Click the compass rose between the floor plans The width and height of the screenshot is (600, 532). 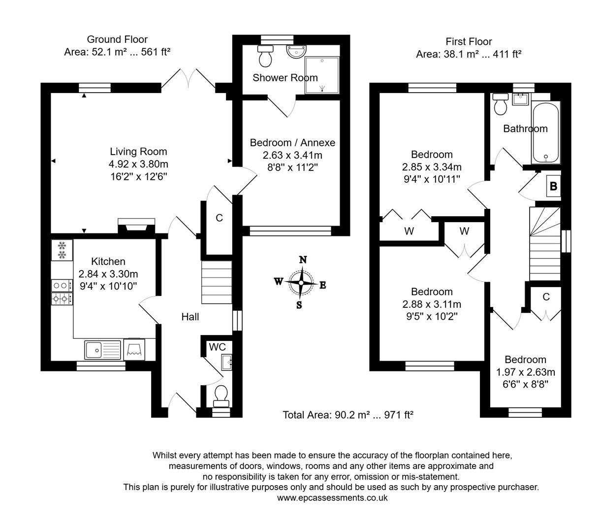(x=300, y=283)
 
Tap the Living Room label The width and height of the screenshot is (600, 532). (x=138, y=152)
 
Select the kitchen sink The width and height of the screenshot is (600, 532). (x=103, y=349)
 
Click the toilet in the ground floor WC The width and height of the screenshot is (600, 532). (x=221, y=395)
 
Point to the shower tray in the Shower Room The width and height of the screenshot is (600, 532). (x=322, y=75)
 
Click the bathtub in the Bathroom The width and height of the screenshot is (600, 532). (x=545, y=133)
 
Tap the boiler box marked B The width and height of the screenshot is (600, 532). (x=553, y=187)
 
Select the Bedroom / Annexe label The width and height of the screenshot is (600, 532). (x=292, y=143)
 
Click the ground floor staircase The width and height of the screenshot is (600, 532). (x=217, y=283)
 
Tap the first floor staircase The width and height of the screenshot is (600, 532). (x=545, y=244)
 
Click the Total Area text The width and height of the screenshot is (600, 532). (x=347, y=415)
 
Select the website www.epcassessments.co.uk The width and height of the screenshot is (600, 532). (x=332, y=498)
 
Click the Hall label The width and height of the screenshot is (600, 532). (x=190, y=317)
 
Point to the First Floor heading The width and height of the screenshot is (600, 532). (x=469, y=42)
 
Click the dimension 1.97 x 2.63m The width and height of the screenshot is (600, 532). (x=525, y=372)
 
